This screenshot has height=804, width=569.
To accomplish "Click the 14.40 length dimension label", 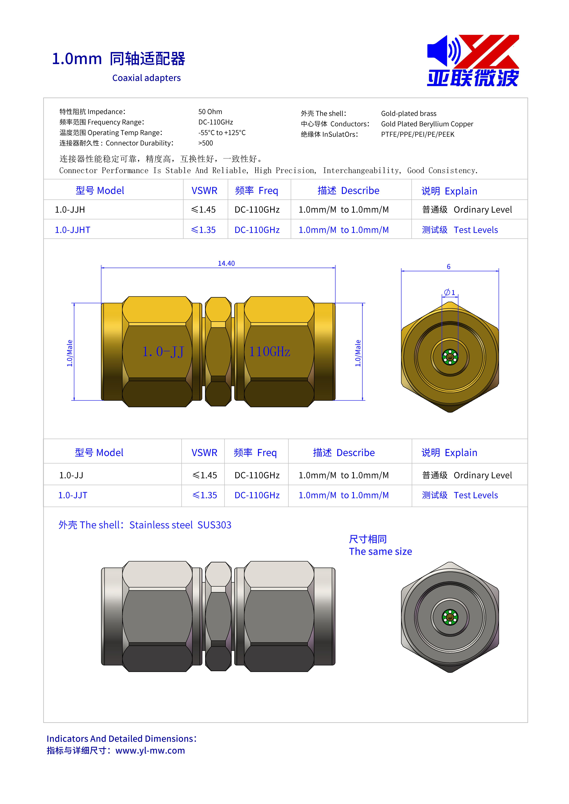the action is tap(226, 263).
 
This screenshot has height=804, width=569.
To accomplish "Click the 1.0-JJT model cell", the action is tap(73, 495).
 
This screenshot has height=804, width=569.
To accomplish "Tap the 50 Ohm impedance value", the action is tap(210, 112).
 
